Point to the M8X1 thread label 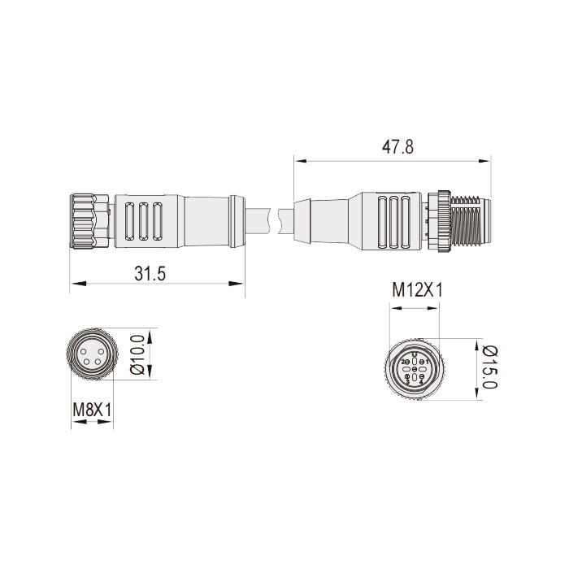pyautogui.click(x=92, y=410)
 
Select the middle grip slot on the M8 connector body pyautogui.click(x=144, y=220)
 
